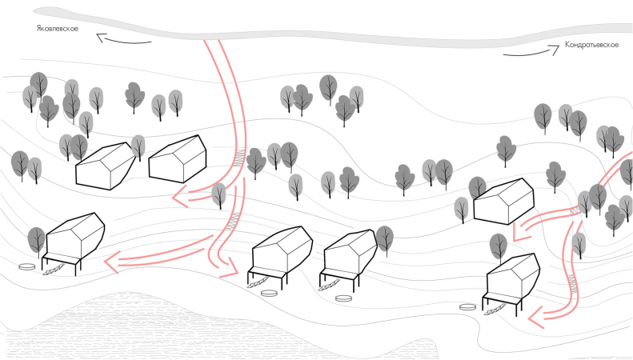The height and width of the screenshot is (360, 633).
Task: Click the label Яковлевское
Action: (x=58, y=29)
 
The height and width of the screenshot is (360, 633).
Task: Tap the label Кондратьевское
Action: (x=591, y=44)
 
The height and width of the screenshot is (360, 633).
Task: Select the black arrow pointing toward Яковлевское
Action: (x=123, y=39)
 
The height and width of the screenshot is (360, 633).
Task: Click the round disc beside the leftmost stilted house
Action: (x=27, y=266)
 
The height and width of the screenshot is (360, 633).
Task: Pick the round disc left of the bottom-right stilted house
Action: (x=468, y=307)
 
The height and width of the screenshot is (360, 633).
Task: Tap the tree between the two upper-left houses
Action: (x=138, y=147)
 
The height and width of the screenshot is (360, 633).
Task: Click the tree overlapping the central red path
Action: (x=218, y=195)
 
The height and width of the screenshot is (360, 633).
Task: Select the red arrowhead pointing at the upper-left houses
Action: (x=180, y=197)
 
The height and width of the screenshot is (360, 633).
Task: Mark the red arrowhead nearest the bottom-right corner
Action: (x=536, y=318)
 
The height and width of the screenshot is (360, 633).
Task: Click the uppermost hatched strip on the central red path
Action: (x=240, y=159)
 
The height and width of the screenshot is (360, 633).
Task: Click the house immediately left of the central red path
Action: (x=178, y=159)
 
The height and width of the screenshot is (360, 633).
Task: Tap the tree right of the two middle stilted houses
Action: (x=385, y=240)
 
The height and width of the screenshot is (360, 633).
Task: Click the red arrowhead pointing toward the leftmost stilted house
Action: (x=112, y=262)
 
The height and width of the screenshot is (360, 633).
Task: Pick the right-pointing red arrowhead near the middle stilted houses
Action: (x=230, y=268)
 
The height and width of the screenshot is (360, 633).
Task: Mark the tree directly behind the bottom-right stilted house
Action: (x=499, y=247)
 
